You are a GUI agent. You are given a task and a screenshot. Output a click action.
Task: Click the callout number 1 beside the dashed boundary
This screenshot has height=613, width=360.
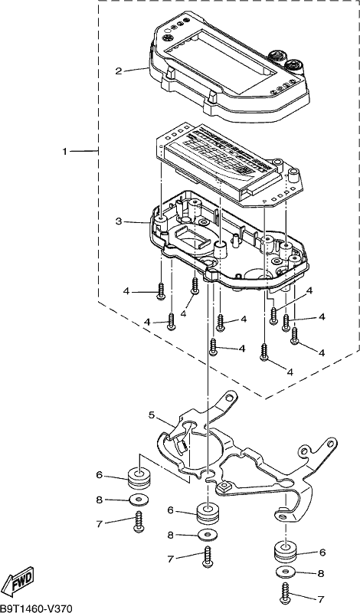coord(65,151)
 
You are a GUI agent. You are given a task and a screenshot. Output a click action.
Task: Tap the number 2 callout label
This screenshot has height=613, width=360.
coord(119,71)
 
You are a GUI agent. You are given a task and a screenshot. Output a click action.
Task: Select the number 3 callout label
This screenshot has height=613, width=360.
coord(119,221)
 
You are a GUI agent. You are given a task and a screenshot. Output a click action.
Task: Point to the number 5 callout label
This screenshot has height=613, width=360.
coord(152,415)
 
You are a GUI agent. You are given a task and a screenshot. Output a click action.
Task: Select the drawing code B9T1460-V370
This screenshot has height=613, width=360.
coord(36,608)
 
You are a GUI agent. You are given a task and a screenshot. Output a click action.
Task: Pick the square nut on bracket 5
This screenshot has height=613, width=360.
coord(224,487)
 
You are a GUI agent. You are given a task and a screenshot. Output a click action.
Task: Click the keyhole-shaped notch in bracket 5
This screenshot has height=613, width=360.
coord(210,475)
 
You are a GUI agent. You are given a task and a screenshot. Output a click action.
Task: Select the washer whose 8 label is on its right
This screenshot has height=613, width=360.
coord(286,572)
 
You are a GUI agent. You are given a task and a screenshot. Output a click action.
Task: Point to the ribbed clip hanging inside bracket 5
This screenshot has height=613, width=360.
coord(181,446)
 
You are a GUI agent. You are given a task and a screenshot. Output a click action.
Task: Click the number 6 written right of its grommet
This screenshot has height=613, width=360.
coord(322,552)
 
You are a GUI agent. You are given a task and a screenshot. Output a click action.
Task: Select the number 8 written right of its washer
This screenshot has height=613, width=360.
coord(321,573)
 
